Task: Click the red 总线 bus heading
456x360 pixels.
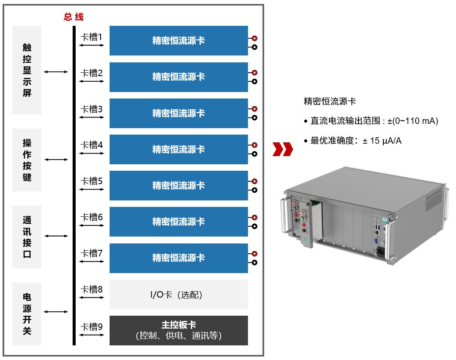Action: click(73, 17)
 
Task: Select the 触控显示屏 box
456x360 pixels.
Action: click(27, 70)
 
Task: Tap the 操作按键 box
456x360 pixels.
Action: click(27, 160)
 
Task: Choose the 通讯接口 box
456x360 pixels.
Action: click(27, 237)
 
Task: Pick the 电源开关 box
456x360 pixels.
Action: click(27, 314)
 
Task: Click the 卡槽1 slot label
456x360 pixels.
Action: click(92, 37)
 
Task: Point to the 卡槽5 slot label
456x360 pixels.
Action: click(92, 181)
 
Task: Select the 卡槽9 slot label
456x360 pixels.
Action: click(92, 327)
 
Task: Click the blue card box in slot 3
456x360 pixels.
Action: click(178, 113)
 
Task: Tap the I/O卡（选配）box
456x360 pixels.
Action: click(178, 295)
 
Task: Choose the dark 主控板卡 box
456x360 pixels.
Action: click(178, 330)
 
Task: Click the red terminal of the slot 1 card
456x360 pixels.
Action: click(254, 39)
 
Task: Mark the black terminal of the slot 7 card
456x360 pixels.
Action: click(254, 262)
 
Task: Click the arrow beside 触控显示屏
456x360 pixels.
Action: click(56, 72)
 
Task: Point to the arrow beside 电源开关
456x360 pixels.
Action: click(56, 311)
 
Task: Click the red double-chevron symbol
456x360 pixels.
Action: click(282, 149)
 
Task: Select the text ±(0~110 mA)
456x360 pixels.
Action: click(412, 121)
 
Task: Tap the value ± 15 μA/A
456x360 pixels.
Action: click(382, 141)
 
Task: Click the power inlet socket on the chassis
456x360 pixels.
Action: click(380, 252)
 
